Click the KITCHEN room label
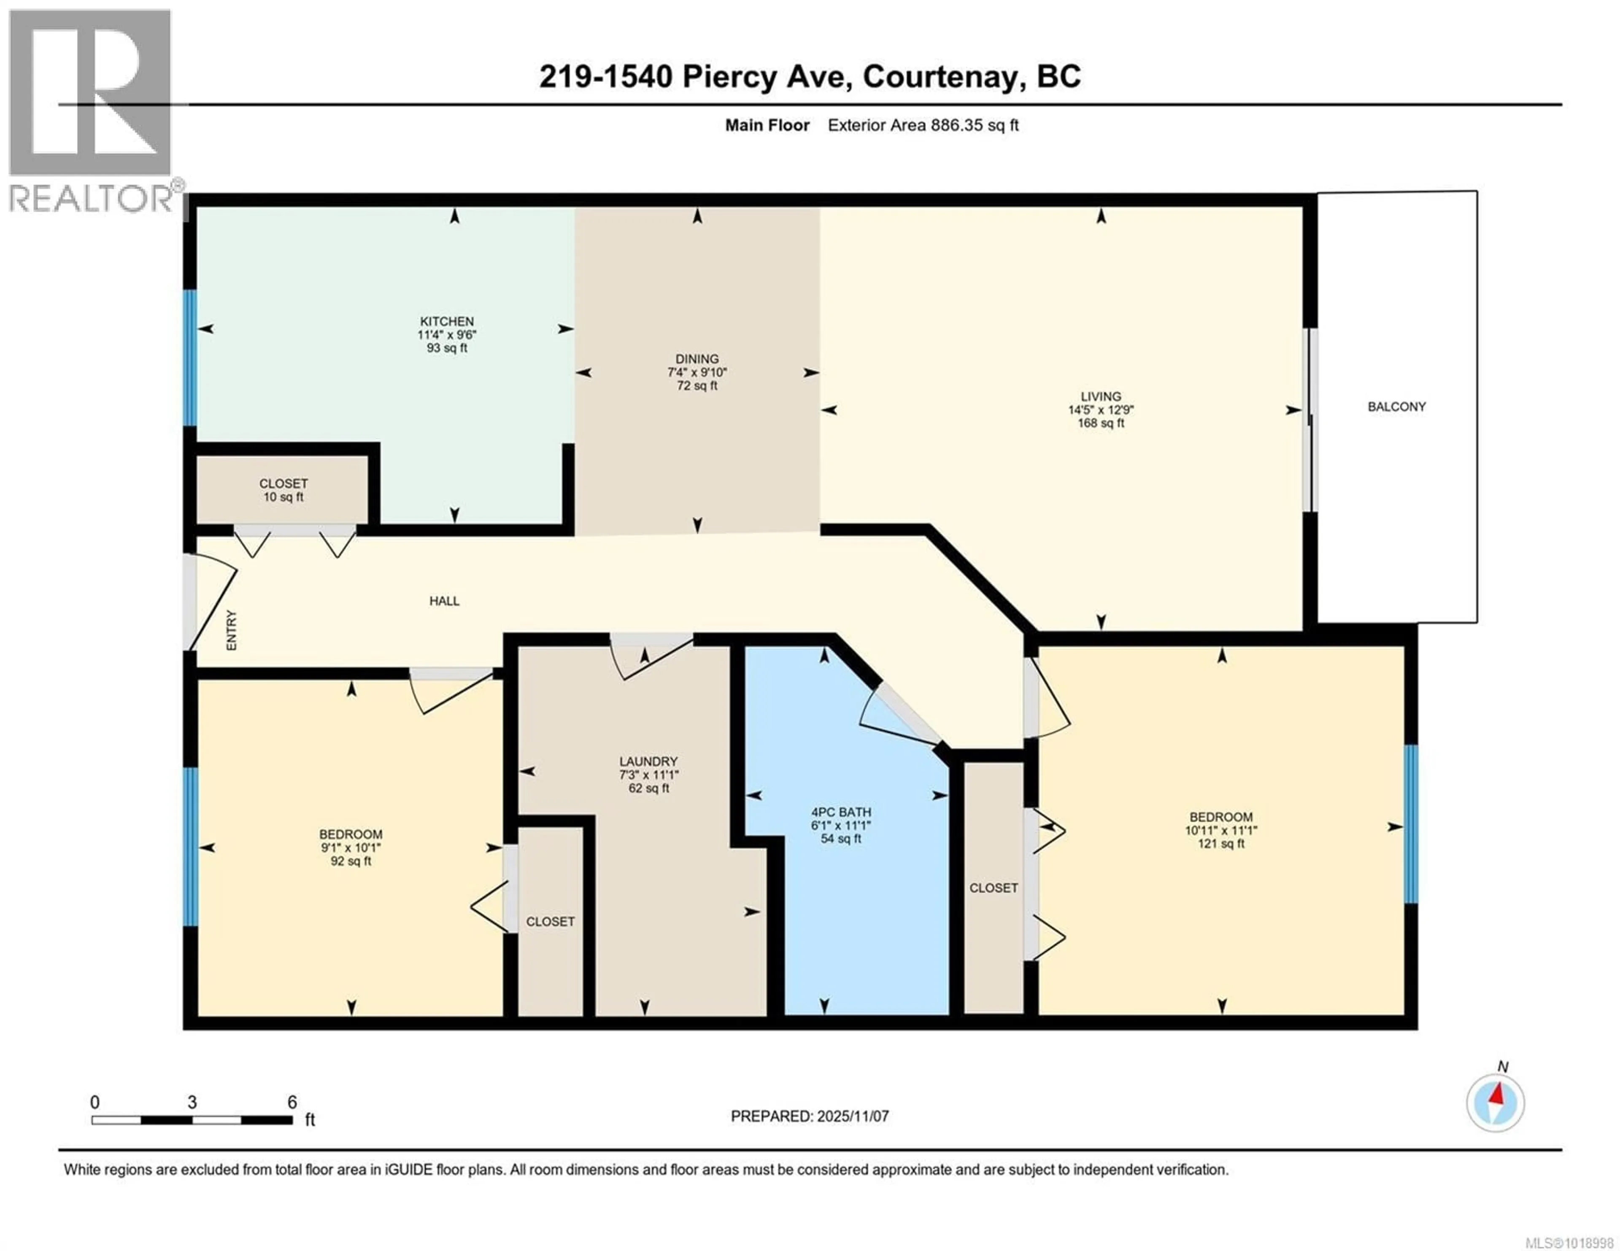(446, 321)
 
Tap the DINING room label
(697, 359)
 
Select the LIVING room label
(1101, 397)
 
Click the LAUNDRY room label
(648, 761)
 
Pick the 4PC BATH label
(840, 812)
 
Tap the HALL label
(444, 601)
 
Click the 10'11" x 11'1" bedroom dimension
(1221, 831)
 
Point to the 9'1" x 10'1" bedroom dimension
(351, 847)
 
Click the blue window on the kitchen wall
(191, 358)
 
